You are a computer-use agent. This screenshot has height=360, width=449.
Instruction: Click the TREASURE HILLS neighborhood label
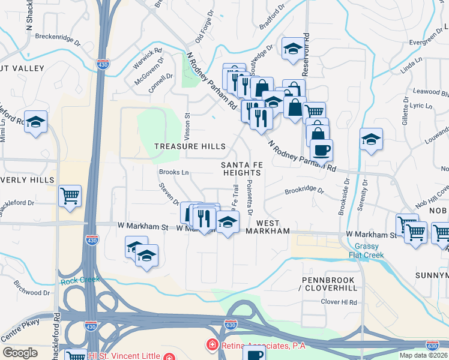coord(190,146)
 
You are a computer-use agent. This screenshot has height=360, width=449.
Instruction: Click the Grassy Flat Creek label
coord(368,251)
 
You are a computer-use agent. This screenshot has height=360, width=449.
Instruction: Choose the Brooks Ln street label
coord(173,172)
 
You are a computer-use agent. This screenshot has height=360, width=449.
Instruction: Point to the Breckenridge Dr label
coord(58,37)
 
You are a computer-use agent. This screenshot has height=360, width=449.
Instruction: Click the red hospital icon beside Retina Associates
coord(211,344)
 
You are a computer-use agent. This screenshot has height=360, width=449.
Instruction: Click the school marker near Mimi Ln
coord(35,122)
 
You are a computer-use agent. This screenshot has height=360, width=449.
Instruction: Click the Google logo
coord(20,353)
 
